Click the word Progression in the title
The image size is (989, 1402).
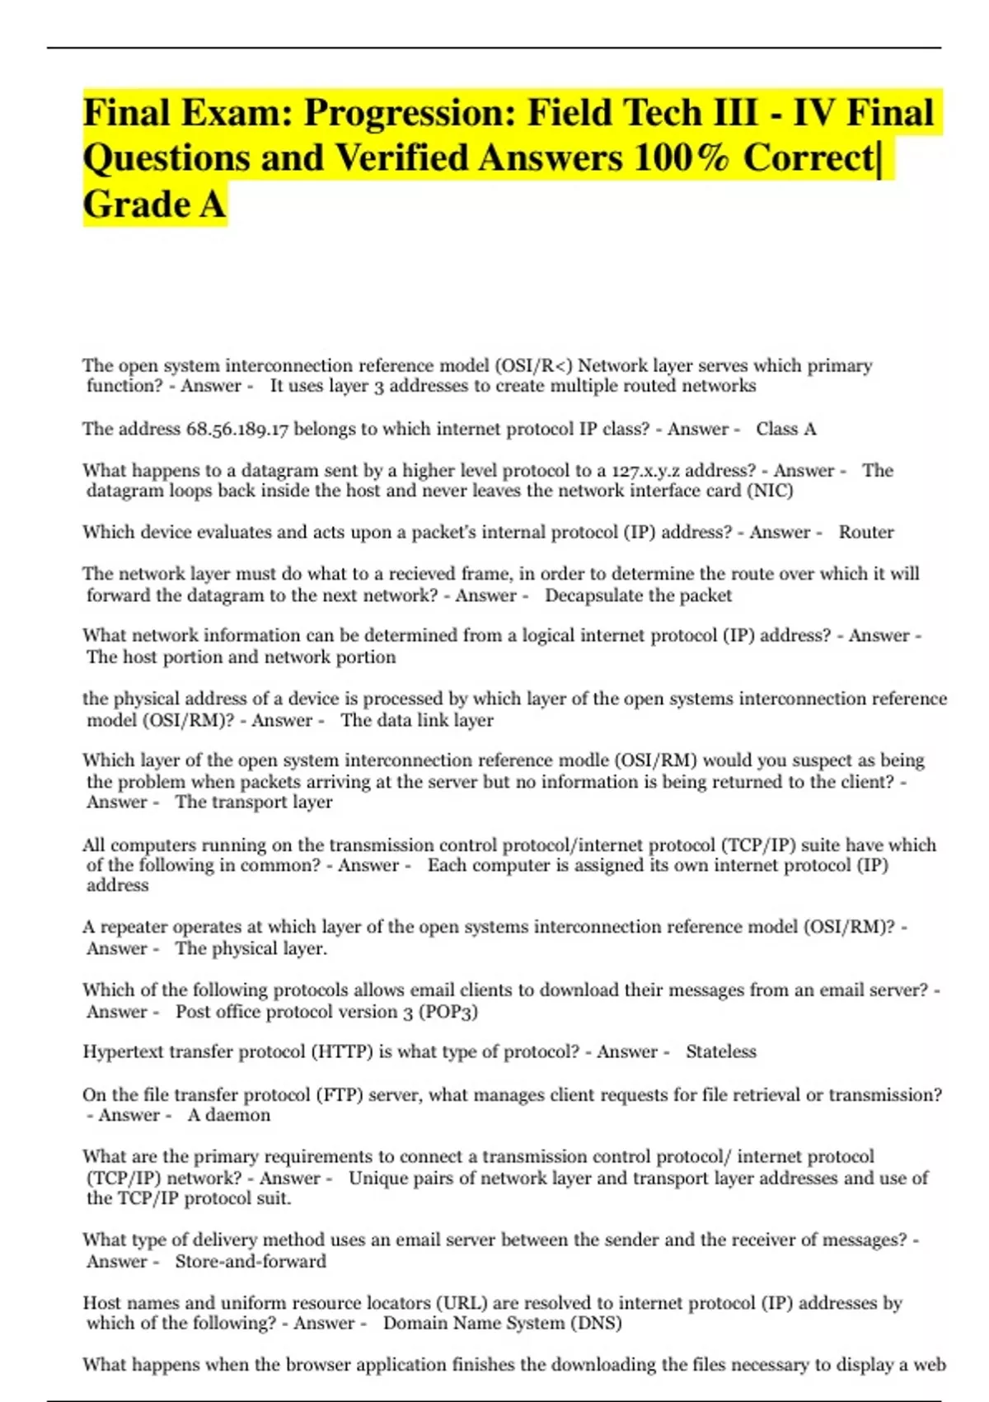(x=408, y=113)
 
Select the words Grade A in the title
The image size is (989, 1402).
(x=154, y=205)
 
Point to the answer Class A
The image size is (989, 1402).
(x=786, y=429)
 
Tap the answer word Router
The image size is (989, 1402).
(x=866, y=532)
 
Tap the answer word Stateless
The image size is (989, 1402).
(x=721, y=1051)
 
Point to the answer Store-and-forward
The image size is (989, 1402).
(x=251, y=1261)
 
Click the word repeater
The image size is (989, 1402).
(x=129, y=927)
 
